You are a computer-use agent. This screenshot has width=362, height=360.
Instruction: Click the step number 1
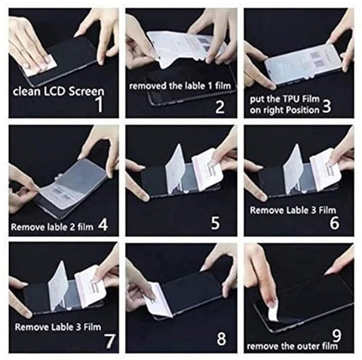[x=100, y=105]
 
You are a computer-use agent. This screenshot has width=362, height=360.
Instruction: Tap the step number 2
[x=219, y=106]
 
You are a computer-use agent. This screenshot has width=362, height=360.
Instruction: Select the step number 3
[x=327, y=106]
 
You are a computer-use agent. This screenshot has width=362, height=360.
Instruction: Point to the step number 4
[x=103, y=224]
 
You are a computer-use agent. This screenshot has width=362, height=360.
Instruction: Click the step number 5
[x=215, y=223]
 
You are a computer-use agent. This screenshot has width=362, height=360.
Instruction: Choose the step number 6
[x=334, y=223]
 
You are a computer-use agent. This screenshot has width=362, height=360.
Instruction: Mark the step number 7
[x=109, y=341]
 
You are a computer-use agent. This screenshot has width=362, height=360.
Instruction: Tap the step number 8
[x=221, y=339]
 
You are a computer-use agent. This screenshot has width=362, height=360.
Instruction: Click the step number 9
[x=336, y=336]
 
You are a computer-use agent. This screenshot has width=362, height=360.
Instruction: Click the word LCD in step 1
[x=55, y=91]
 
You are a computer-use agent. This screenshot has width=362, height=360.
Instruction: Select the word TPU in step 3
[x=292, y=98]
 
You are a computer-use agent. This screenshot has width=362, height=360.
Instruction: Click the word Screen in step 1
[x=86, y=91]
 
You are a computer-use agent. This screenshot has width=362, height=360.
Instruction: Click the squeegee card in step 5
[x=207, y=168]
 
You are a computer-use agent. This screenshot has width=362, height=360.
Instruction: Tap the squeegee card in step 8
[x=159, y=299]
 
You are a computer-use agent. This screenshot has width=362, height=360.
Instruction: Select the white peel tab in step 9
[x=273, y=311]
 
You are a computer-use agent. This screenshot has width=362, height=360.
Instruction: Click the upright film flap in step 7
[x=58, y=285]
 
